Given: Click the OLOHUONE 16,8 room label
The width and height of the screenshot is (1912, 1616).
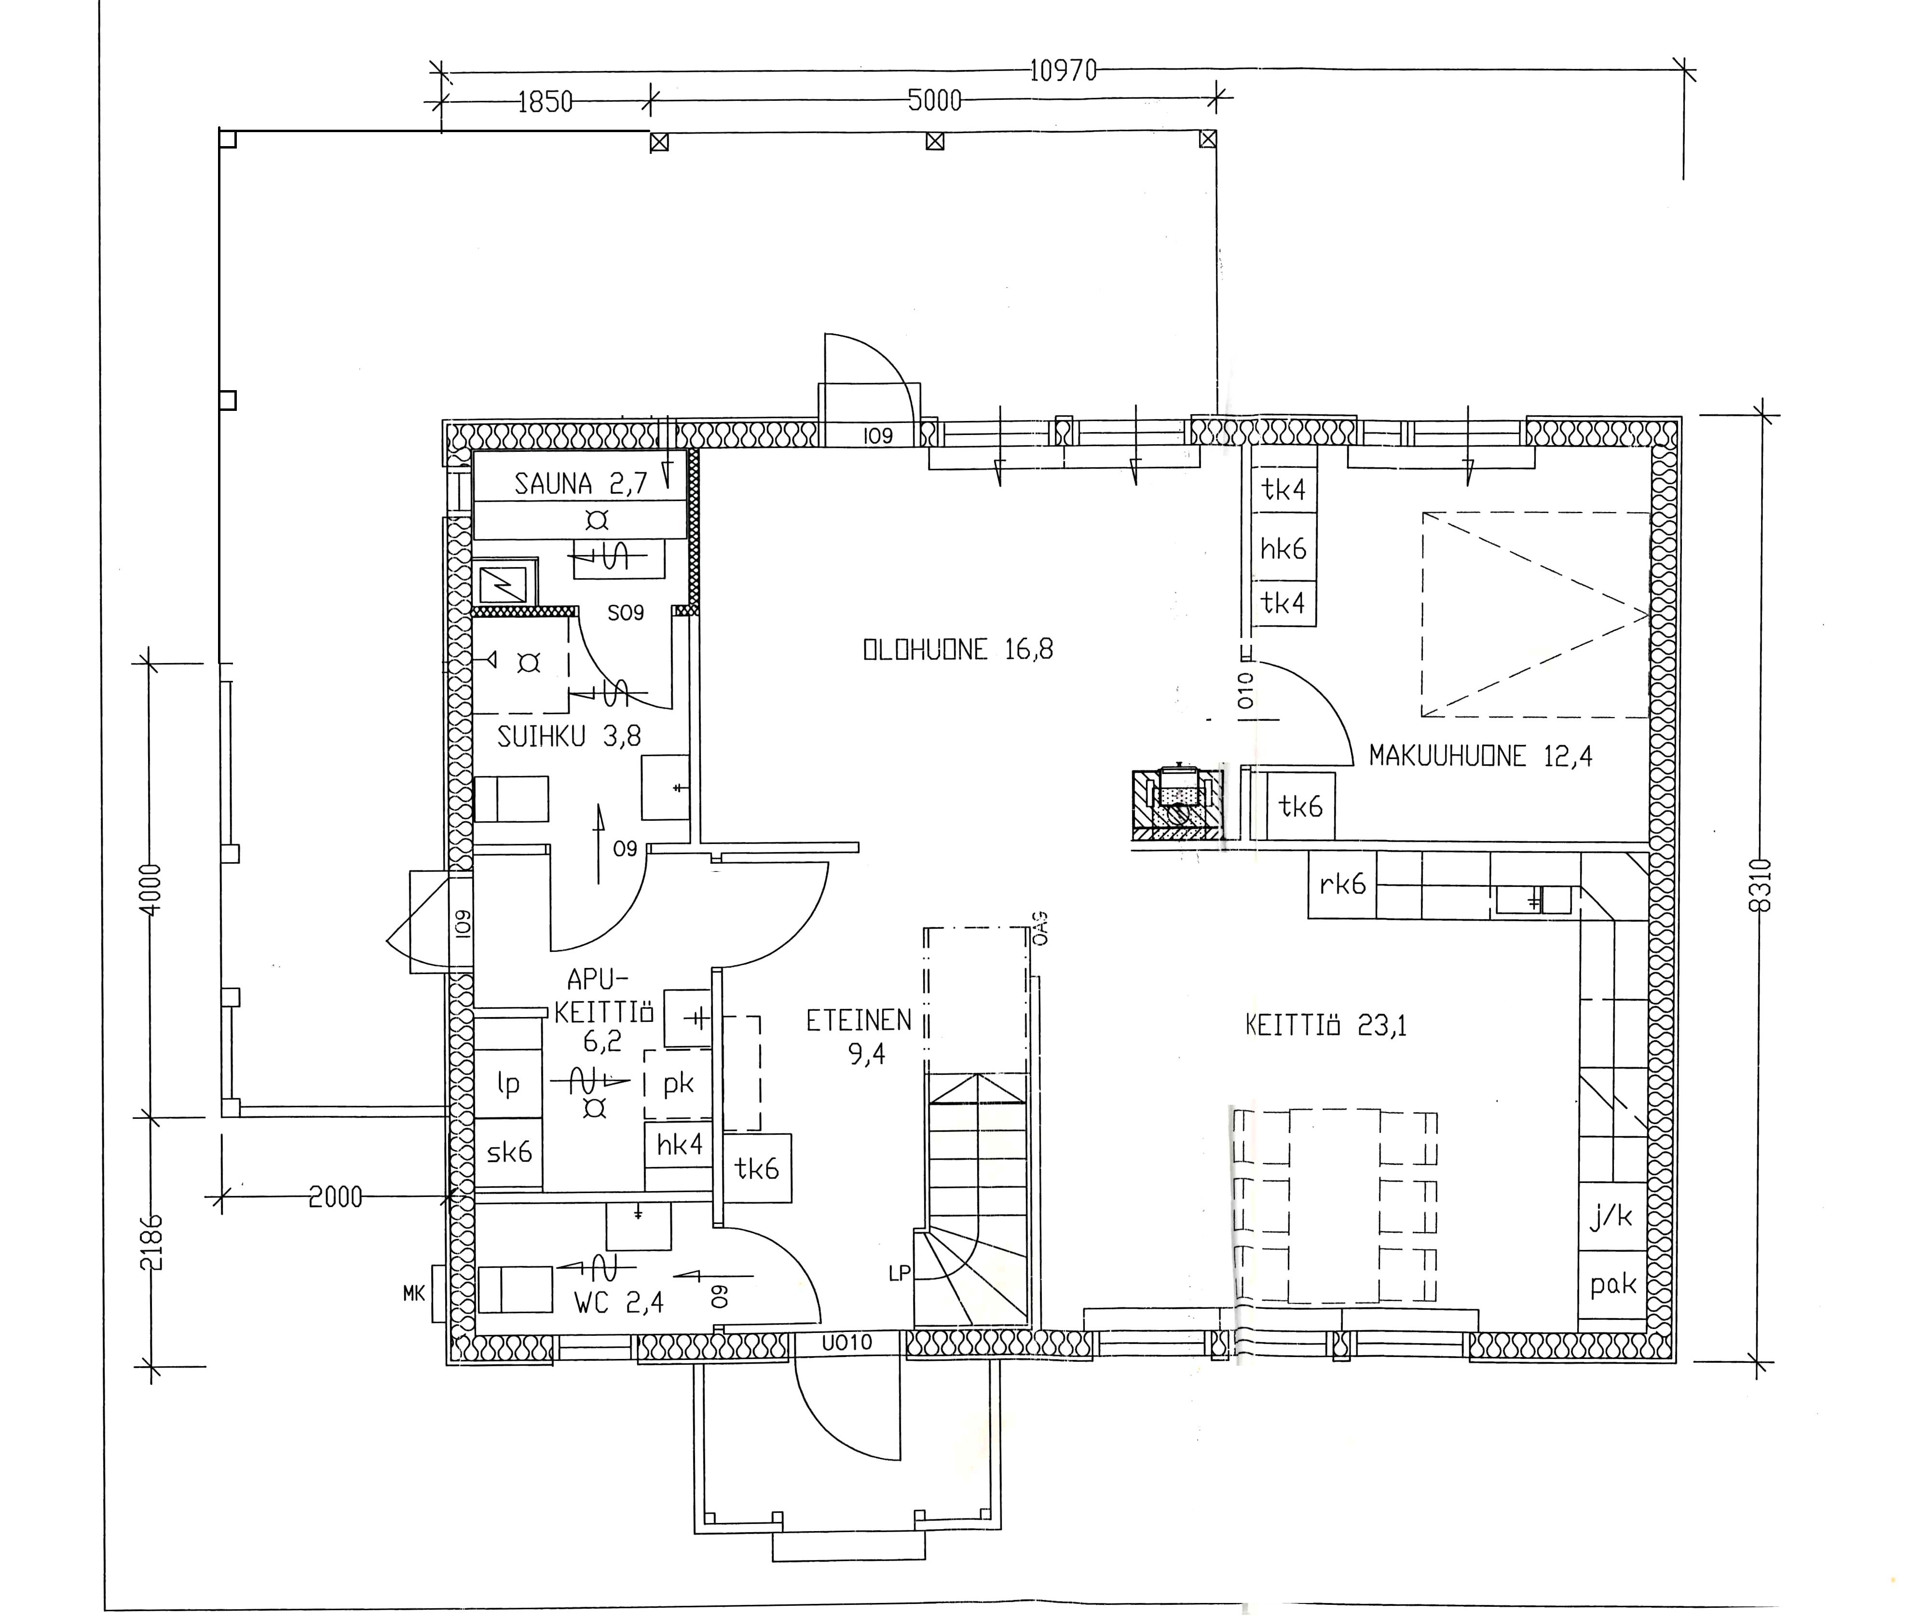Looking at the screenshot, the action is coord(957,650).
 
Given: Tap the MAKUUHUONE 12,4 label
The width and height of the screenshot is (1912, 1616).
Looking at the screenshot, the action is coord(1480,756).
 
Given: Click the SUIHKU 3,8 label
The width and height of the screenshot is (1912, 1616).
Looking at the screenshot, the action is coord(569,735).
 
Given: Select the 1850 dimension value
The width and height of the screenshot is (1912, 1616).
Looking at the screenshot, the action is coord(545,101).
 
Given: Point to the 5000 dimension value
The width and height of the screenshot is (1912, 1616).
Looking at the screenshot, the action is coord(934,100).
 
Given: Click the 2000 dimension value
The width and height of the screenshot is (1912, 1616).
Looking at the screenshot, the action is coord(335,1196).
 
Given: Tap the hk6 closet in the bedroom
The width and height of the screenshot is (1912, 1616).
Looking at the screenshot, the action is coord(1284,548).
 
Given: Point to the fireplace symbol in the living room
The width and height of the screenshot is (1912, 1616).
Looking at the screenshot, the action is coord(1177,804).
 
